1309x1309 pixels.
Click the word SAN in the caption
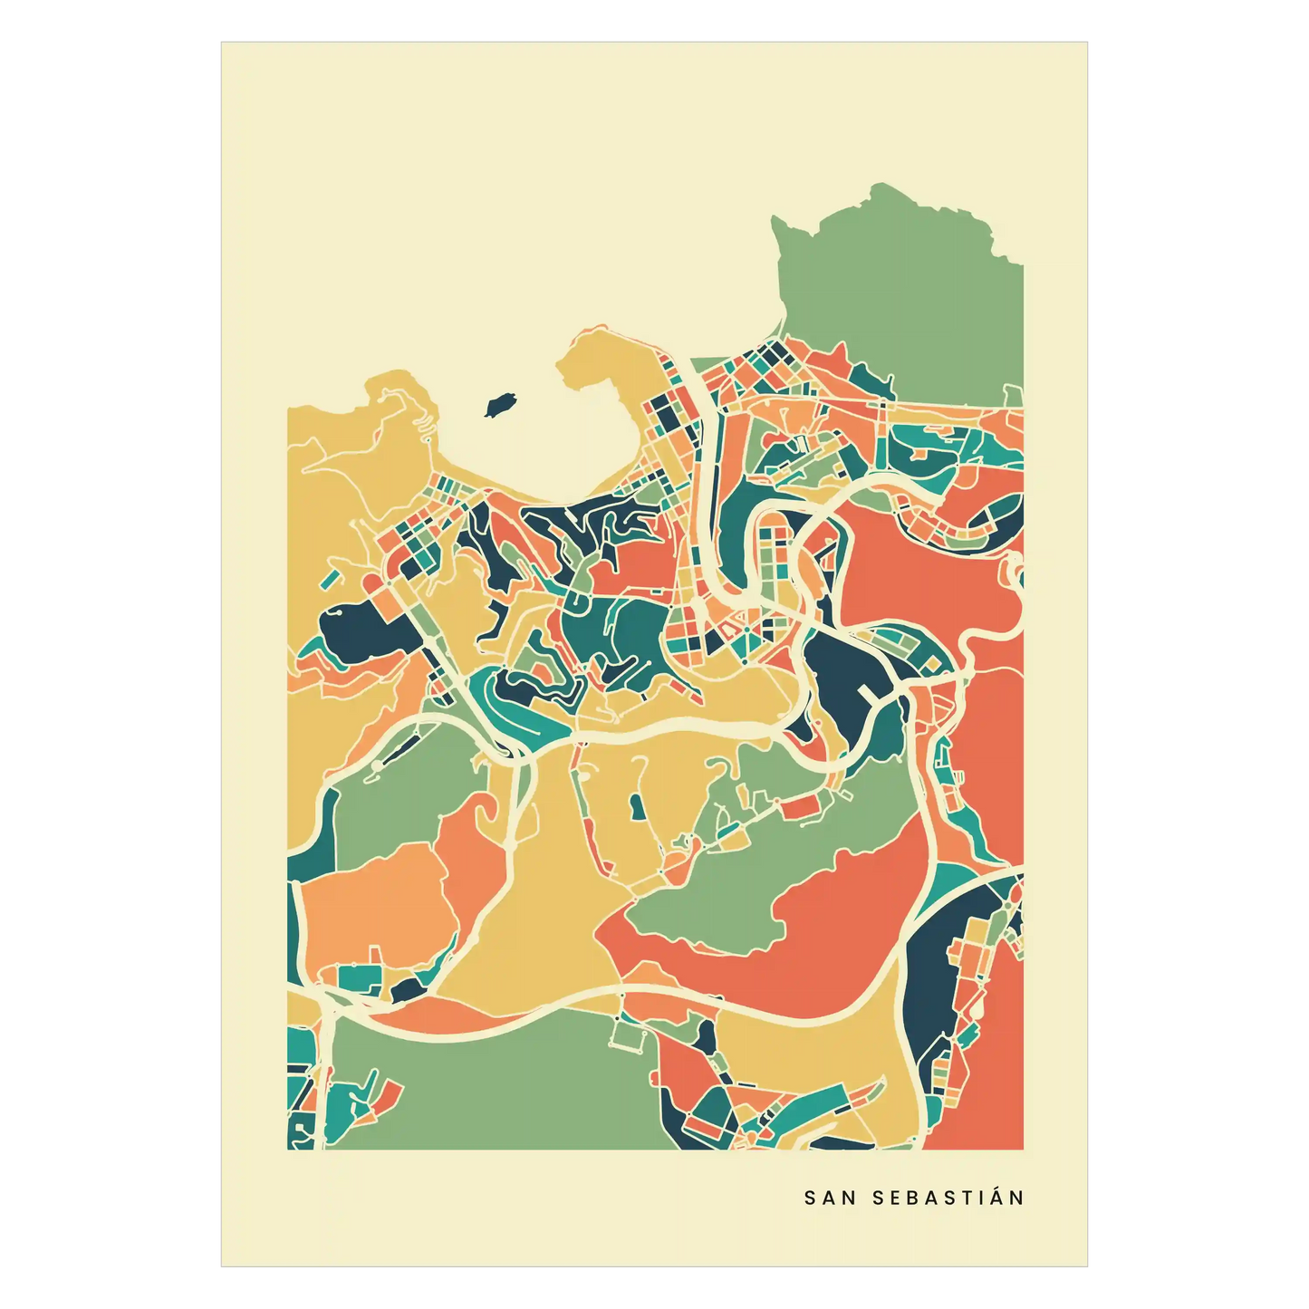pos(830,1198)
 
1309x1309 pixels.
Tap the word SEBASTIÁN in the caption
pos(948,1198)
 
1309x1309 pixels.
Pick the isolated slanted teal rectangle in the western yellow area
pos(332,576)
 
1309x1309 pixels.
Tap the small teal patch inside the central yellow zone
pos(637,805)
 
